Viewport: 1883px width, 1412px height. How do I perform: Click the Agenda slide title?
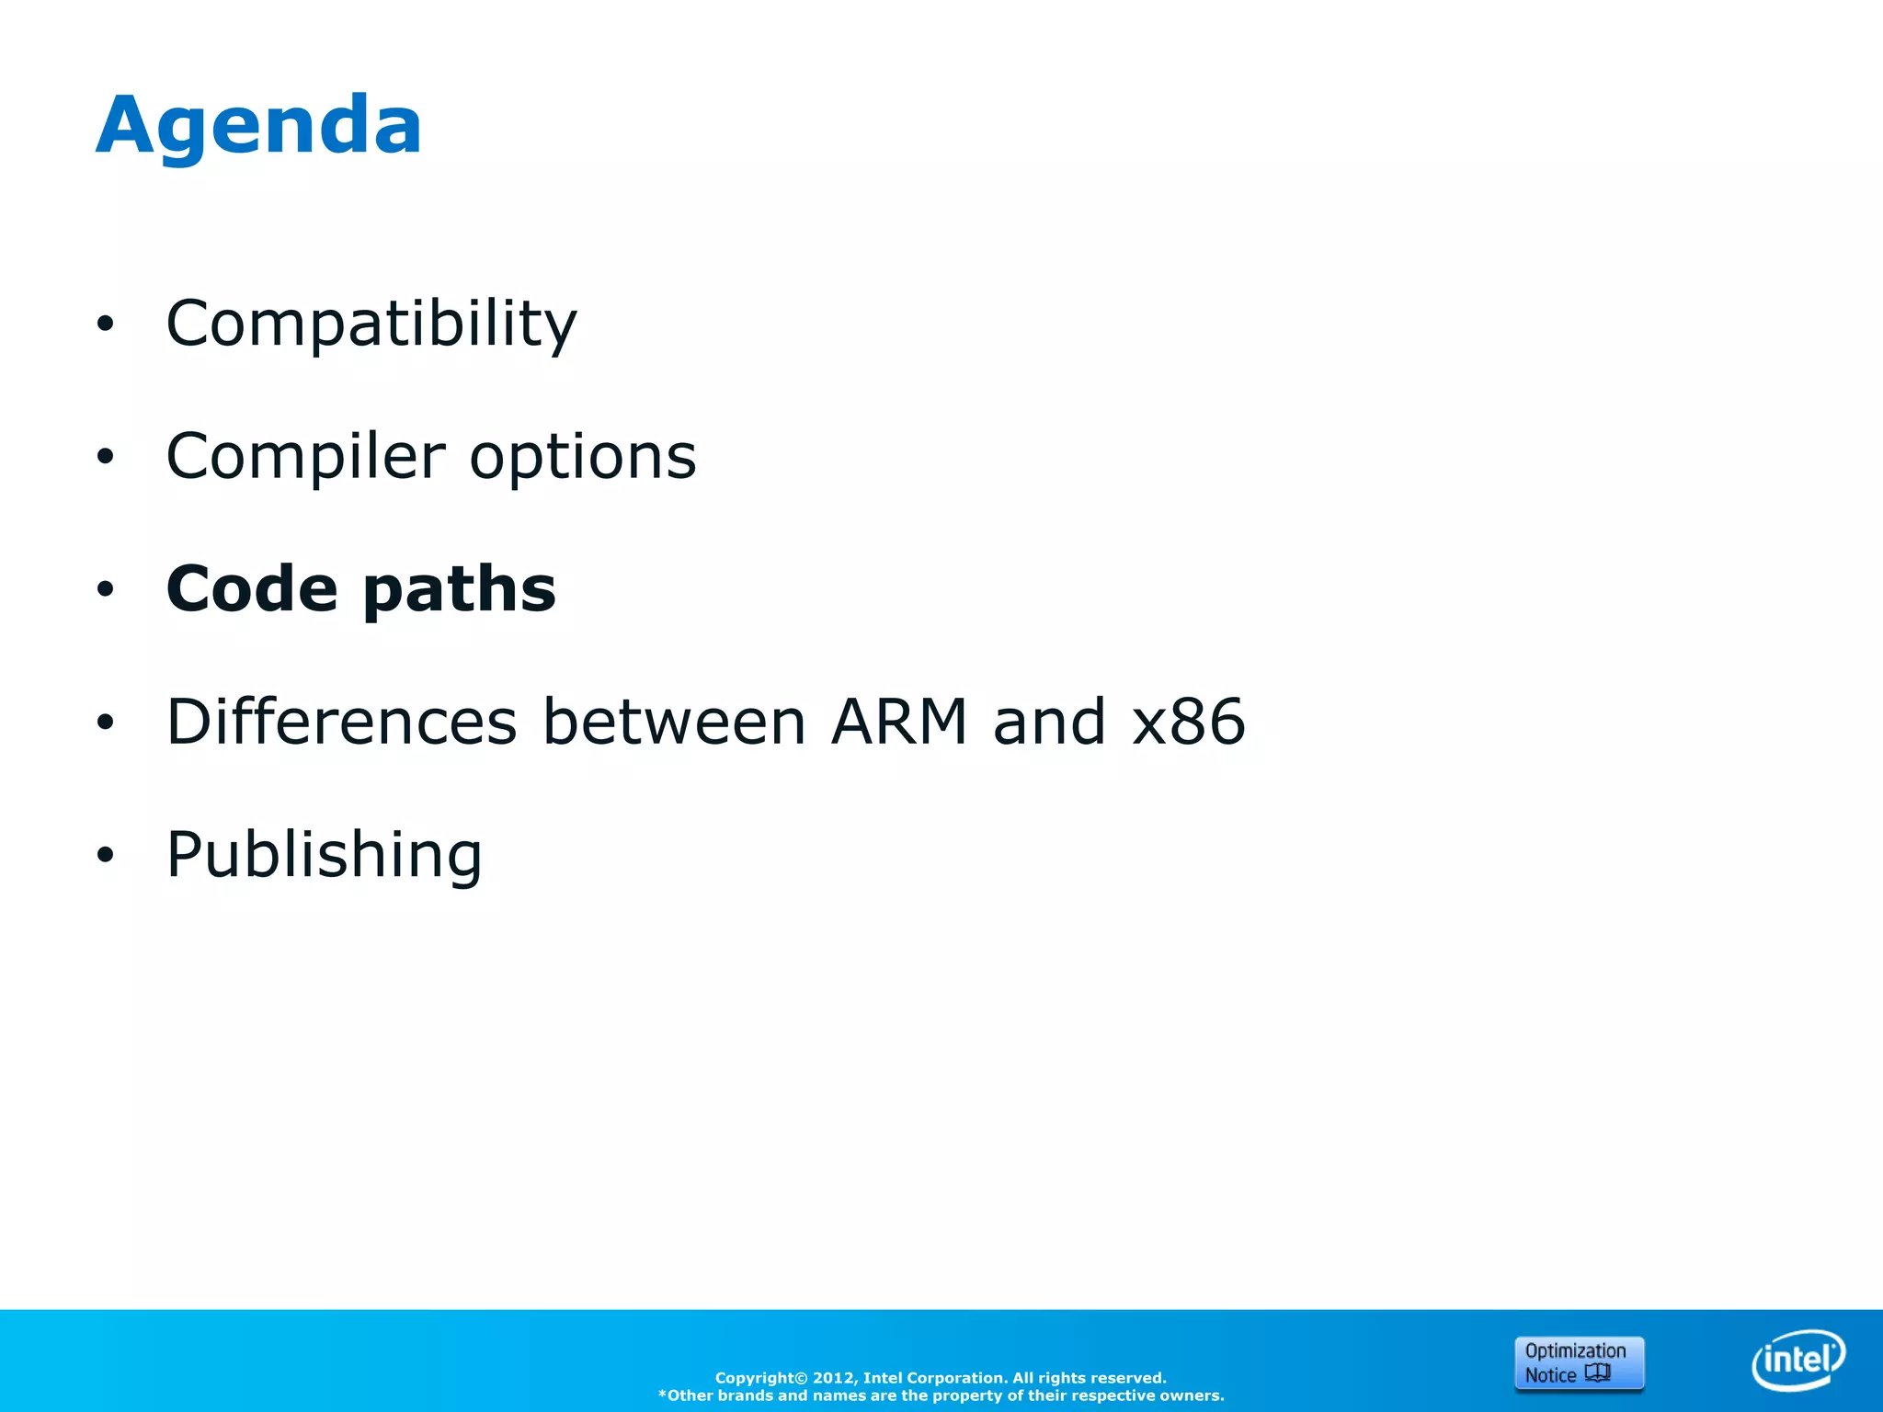(x=258, y=126)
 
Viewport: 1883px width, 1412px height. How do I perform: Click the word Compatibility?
(x=371, y=324)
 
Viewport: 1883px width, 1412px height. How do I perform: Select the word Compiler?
(x=305, y=457)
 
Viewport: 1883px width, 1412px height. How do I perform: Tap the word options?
(x=583, y=457)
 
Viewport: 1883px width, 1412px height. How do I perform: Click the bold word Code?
(x=252, y=588)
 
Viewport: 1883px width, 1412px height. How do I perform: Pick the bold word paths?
(x=460, y=590)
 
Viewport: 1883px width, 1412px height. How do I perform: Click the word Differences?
(x=341, y=722)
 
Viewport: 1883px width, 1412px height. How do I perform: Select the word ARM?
(x=898, y=722)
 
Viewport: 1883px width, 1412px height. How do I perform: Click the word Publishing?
(x=324, y=855)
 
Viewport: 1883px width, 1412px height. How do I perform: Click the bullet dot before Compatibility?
(x=106, y=324)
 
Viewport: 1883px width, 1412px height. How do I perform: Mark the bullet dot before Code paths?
(x=106, y=589)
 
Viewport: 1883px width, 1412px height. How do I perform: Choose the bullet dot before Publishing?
(x=106, y=855)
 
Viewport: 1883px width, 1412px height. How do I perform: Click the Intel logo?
(x=1797, y=1360)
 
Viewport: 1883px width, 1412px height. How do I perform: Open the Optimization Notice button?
(x=1579, y=1363)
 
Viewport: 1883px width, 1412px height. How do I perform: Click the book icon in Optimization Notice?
(x=1598, y=1373)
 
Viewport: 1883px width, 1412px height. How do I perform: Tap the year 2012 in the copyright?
(x=833, y=1378)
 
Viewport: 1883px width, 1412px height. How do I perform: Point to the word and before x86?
(x=1049, y=722)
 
